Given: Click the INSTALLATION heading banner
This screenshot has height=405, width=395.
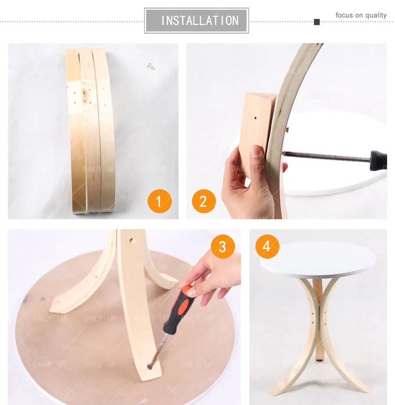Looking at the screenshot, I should (197, 20).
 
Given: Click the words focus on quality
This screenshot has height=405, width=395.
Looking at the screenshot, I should (361, 15).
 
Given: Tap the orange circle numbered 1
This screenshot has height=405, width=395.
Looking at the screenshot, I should (159, 201).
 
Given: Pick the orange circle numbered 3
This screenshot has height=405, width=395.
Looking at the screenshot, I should (223, 246).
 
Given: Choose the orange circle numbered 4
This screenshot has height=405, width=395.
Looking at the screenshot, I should (266, 246).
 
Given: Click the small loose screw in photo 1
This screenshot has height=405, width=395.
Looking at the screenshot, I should (151, 66).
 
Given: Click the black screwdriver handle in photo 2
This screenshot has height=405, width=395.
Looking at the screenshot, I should (378, 160).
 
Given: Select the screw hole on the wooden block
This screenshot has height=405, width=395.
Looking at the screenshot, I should (255, 118).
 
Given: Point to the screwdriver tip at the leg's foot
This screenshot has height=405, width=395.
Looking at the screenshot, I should (151, 364).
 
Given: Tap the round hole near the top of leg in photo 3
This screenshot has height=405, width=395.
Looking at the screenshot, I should (131, 241).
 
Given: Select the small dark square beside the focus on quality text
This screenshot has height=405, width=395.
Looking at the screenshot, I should (317, 22).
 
